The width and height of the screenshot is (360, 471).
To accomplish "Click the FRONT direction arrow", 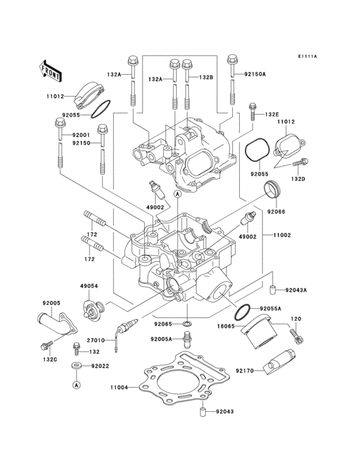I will (x=51, y=70).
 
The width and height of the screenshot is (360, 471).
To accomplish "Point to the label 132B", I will (x=205, y=78).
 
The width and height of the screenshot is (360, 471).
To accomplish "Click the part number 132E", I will (x=273, y=115).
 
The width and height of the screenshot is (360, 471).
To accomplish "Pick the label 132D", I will (x=298, y=178).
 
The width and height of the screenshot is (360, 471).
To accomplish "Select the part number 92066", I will (x=276, y=212).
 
